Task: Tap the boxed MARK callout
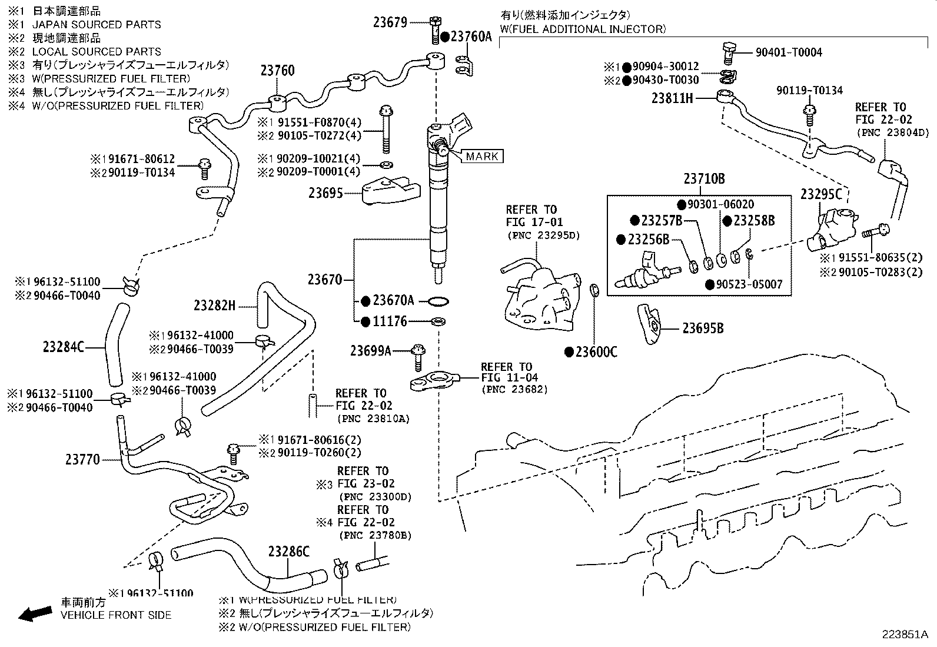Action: click(x=482, y=156)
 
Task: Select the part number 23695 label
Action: click(x=325, y=193)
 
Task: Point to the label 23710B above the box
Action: click(x=704, y=179)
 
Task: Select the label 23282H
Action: click(x=215, y=306)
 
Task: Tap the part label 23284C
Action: click(x=64, y=347)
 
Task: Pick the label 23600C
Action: click(x=596, y=352)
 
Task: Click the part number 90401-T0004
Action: click(x=789, y=52)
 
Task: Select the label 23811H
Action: click(x=672, y=98)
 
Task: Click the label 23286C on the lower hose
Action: click(x=288, y=552)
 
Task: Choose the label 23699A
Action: click(x=371, y=351)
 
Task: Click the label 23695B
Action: click(x=703, y=329)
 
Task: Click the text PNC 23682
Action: click(x=514, y=389)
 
